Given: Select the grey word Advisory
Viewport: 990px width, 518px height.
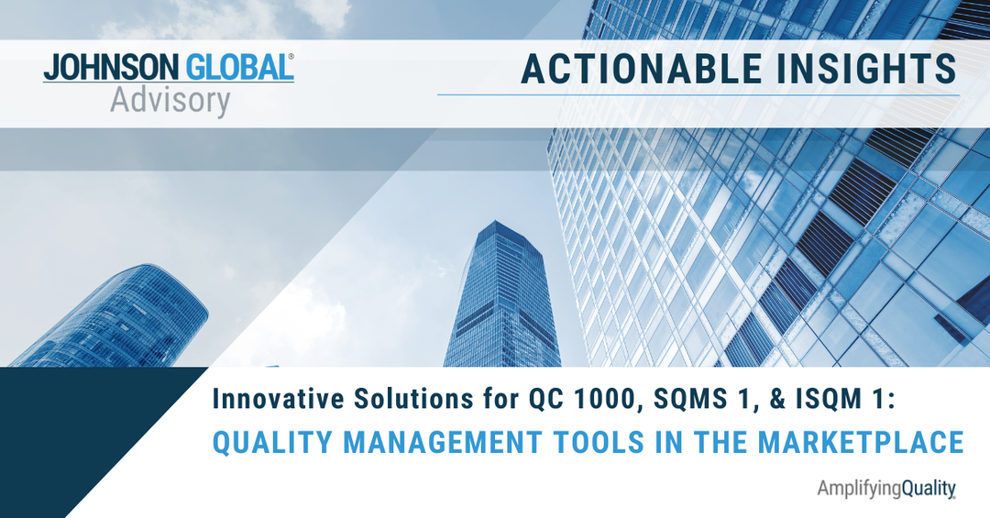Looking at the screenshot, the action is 170,101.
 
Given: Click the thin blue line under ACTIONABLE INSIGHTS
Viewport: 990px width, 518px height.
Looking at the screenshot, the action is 698,95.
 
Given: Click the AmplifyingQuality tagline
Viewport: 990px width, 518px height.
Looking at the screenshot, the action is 886,489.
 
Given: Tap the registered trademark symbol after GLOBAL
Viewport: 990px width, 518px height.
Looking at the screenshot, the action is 291,57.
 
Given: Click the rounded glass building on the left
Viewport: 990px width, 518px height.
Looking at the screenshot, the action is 114,317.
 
